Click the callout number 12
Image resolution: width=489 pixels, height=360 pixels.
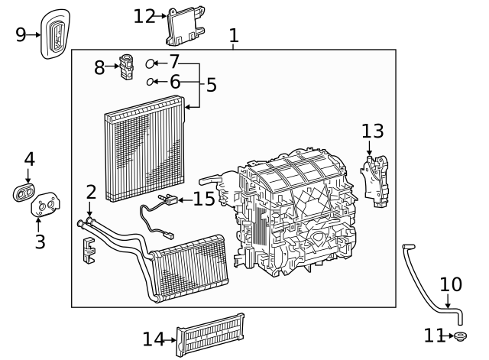coord(144,15)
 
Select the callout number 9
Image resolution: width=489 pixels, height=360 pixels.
coord(21,34)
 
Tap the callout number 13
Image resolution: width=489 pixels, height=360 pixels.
coord(373,131)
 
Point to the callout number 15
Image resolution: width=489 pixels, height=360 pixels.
coord(205,199)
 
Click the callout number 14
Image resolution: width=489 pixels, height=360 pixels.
coord(153,338)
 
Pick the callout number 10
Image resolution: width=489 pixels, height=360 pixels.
coord(451,285)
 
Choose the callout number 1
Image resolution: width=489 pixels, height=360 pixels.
coord(234,35)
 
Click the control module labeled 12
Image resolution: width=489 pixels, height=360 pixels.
coord(183,26)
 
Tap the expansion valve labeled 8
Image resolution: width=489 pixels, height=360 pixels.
coord(127,66)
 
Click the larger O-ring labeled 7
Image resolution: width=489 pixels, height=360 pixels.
coord(151,63)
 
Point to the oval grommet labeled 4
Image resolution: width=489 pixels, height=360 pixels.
coord(24,191)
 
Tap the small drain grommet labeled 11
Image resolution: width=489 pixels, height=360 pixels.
coord(460,336)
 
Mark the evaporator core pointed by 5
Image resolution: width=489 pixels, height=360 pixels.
coord(145,153)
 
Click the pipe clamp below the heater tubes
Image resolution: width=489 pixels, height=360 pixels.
coord(89,250)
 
